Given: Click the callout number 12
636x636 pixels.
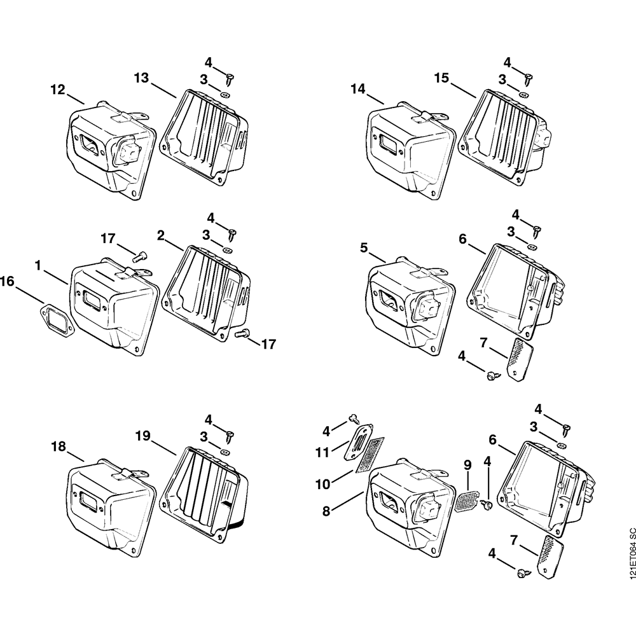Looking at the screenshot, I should tap(58, 90).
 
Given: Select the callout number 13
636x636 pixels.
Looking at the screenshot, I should tap(141, 78).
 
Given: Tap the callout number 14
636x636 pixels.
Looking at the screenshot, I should tap(358, 90).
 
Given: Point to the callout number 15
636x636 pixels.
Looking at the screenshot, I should tap(441, 78).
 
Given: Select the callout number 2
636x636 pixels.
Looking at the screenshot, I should tap(161, 236).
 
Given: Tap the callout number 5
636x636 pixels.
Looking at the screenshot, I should tap(364, 247).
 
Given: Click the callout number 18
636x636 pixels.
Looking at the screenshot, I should tap(58, 447).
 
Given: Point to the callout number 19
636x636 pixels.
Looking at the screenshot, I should tap(142, 435).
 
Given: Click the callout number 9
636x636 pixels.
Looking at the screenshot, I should tap(467, 465).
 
